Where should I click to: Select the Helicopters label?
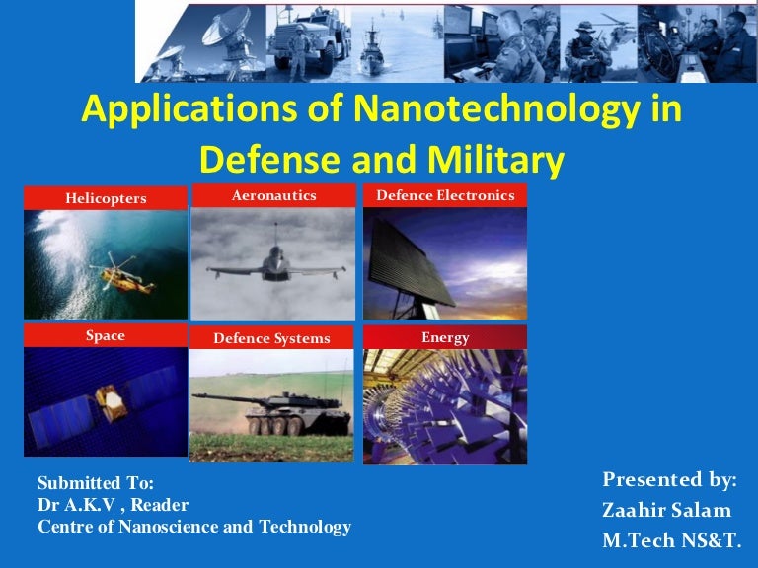tap(106, 198)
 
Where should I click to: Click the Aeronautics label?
tap(273, 196)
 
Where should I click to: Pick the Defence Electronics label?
tap(445, 196)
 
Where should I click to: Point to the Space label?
tap(106, 336)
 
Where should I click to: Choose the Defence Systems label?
tap(272, 339)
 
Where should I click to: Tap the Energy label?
tap(445, 338)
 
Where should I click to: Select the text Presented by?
tap(670, 480)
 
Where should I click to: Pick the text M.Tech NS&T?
tap(671, 540)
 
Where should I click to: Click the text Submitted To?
tap(96, 483)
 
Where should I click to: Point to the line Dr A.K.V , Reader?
tap(113, 505)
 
